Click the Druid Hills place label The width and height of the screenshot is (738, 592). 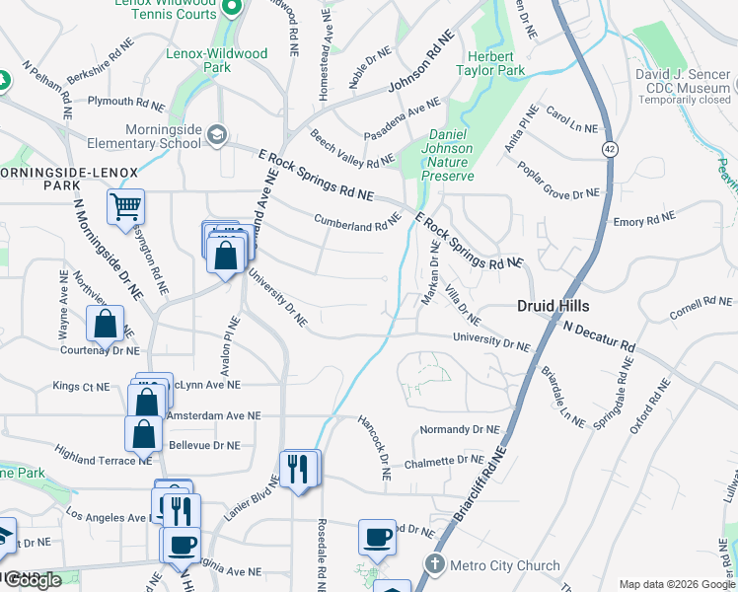(553, 307)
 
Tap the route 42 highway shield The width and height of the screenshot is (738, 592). (612, 148)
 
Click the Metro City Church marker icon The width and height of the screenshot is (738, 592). (435, 565)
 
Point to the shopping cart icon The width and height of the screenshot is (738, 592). (125, 207)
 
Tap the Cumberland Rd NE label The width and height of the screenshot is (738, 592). (356, 224)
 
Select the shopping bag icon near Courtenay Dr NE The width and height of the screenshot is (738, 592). (106, 324)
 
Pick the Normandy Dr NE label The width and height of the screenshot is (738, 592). (459, 430)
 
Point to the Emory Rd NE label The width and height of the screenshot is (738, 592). (643, 220)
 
